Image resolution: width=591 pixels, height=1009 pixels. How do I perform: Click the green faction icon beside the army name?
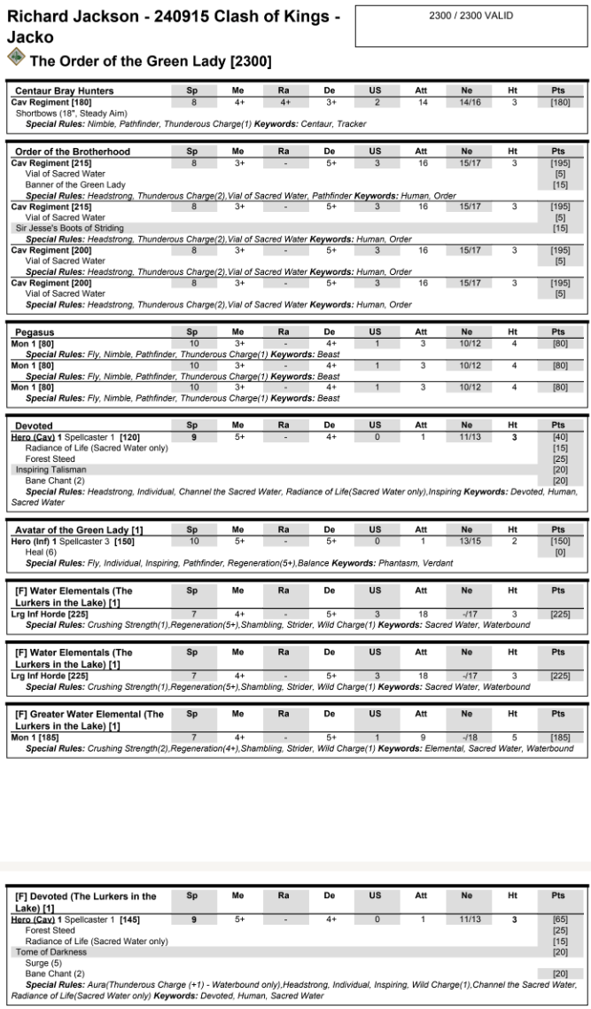(16, 58)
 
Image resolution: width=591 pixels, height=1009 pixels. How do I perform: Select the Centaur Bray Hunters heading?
(65, 90)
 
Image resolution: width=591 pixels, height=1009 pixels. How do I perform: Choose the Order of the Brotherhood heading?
(73, 152)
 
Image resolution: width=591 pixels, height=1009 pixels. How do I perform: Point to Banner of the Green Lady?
(75, 184)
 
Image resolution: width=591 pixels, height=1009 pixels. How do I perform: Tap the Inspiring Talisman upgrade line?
(51, 470)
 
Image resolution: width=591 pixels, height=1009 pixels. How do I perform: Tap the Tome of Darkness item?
(51, 951)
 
